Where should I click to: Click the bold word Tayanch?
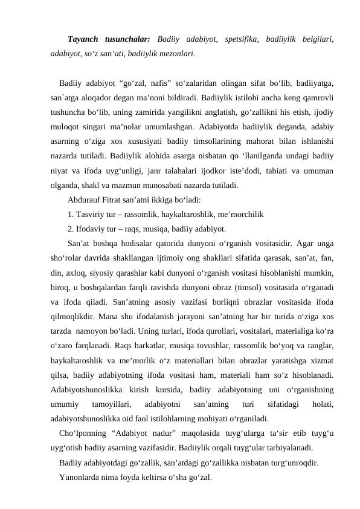point(85,40)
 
